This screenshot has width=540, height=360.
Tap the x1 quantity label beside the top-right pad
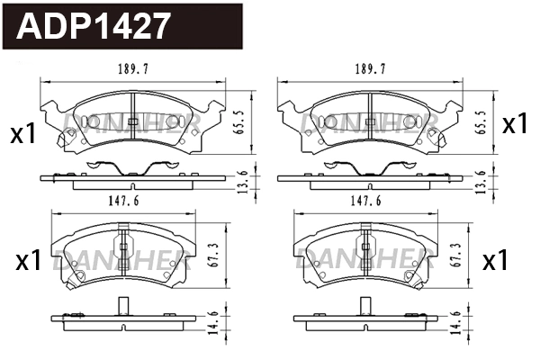coord(514,125)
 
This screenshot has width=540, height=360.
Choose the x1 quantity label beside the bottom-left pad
coord(30,262)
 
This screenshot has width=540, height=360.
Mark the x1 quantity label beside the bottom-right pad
coord(496,262)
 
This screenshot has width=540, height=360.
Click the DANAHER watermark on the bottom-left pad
coord(120,262)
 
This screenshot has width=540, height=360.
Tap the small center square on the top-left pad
coord(131,121)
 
